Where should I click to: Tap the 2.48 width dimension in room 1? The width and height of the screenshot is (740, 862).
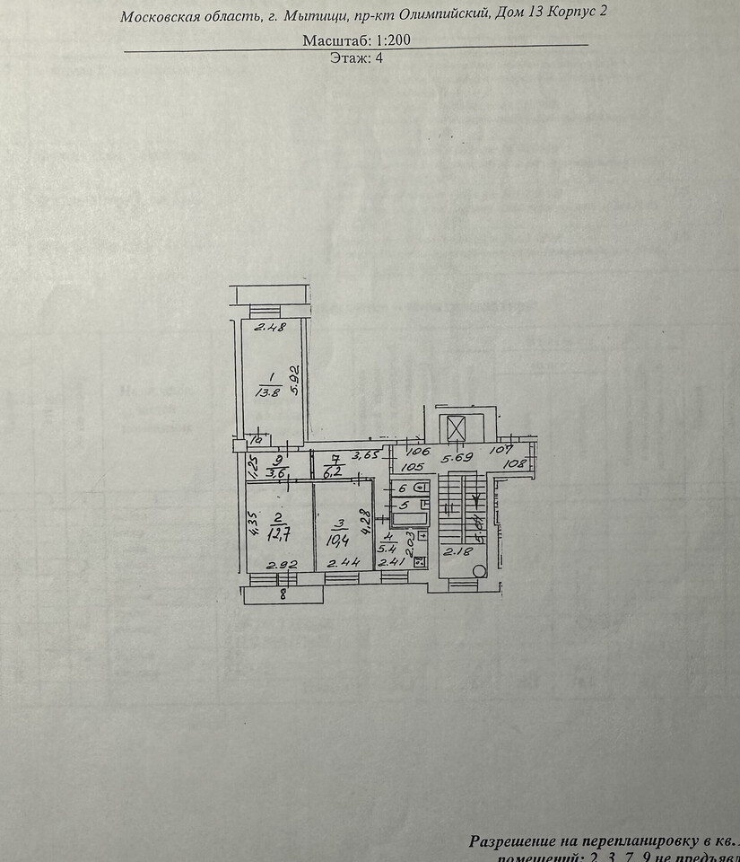pyautogui.click(x=269, y=328)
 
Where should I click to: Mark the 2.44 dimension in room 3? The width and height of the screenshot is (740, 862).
pyautogui.click(x=341, y=564)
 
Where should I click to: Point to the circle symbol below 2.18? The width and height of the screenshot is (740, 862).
pyautogui.click(x=480, y=571)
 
